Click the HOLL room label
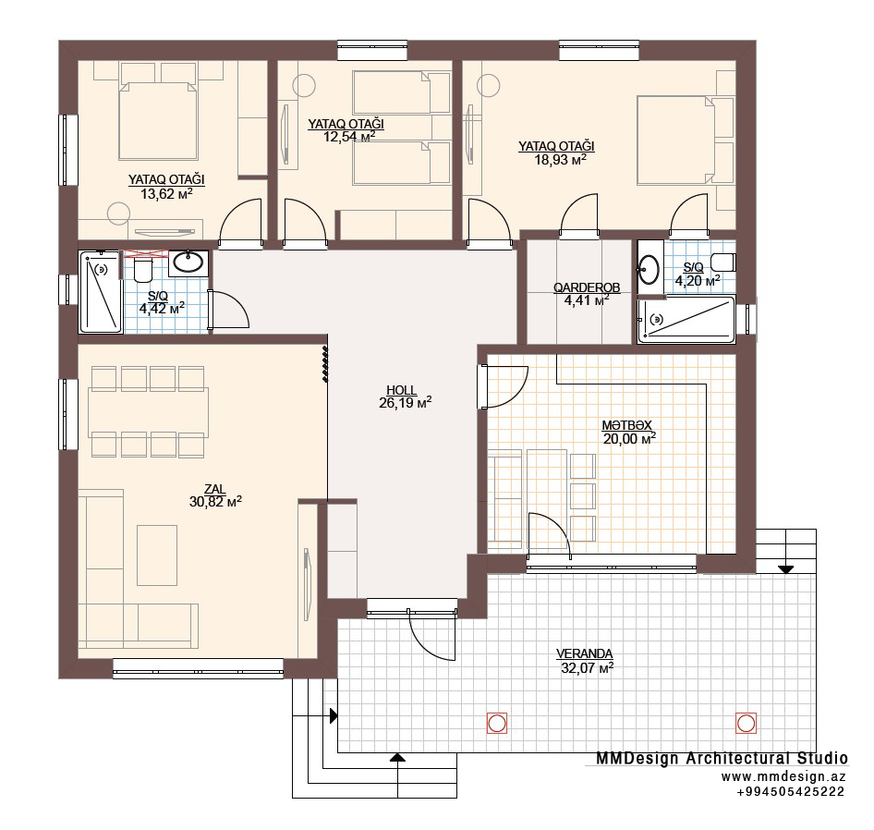point(401,390)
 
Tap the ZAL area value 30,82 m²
point(215,502)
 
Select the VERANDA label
point(584,653)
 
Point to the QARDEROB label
point(587,287)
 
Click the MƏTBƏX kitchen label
point(626,425)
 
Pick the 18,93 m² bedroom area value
point(560,160)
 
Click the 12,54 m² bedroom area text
point(349,137)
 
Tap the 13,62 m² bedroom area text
point(166,193)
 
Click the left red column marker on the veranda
point(497,724)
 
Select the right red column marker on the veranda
point(746,724)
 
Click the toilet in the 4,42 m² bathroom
point(144,269)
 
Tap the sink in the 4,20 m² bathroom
point(649,269)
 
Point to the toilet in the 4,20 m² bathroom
point(723,262)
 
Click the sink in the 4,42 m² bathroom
point(188,262)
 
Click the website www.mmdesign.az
point(783,777)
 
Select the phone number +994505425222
point(791,791)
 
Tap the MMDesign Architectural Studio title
point(722,758)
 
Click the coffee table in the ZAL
point(157,555)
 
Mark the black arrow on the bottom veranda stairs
point(397,757)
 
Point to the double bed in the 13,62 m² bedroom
point(158,121)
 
